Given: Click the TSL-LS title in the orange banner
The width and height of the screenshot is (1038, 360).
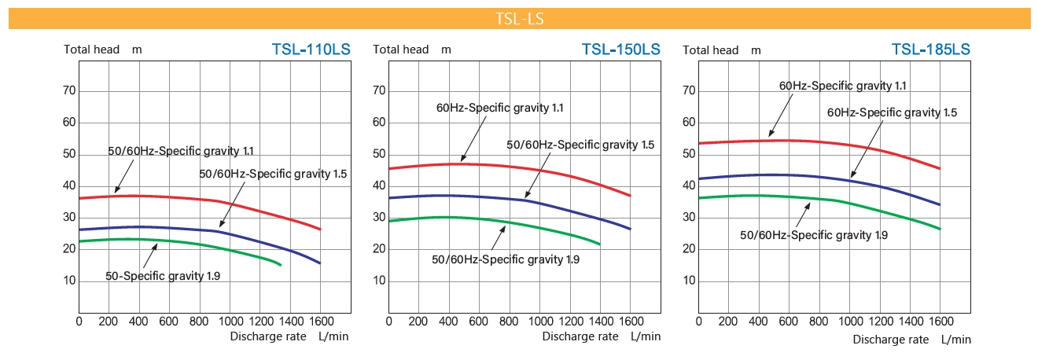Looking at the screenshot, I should (x=519, y=19).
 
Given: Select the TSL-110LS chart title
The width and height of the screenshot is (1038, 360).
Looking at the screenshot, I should (x=311, y=50).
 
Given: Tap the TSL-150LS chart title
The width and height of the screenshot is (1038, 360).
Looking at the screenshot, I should (x=620, y=50).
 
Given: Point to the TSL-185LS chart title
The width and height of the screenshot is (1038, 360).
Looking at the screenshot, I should (x=931, y=50).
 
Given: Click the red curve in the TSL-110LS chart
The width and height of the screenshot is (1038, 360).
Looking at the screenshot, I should (x=197, y=197).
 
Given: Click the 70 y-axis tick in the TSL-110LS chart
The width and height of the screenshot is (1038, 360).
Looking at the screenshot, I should (x=69, y=90).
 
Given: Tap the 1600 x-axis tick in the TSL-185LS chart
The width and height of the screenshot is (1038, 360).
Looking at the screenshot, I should (x=940, y=321).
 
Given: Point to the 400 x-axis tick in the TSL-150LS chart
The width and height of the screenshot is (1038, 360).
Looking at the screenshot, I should (x=449, y=321).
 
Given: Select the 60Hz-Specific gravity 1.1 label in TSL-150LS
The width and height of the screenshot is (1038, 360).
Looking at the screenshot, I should (x=500, y=107).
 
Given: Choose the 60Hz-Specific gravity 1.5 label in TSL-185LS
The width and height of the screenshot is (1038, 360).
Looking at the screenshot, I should (x=892, y=112).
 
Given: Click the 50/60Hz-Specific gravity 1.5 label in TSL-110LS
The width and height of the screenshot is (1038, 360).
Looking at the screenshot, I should (x=273, y=173).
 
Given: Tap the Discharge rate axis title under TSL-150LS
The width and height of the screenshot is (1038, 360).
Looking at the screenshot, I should (x=580, y=336).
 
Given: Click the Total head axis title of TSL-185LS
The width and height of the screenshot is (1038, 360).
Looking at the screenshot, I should (x=711, y=50).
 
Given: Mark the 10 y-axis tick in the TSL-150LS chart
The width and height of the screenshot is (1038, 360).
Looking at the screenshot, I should (x=379, y=281).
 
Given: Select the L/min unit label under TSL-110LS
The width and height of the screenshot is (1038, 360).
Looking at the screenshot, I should (x=333, y=336).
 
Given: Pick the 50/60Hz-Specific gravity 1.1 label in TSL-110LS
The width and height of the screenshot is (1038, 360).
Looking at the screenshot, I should (x=181, y=151).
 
